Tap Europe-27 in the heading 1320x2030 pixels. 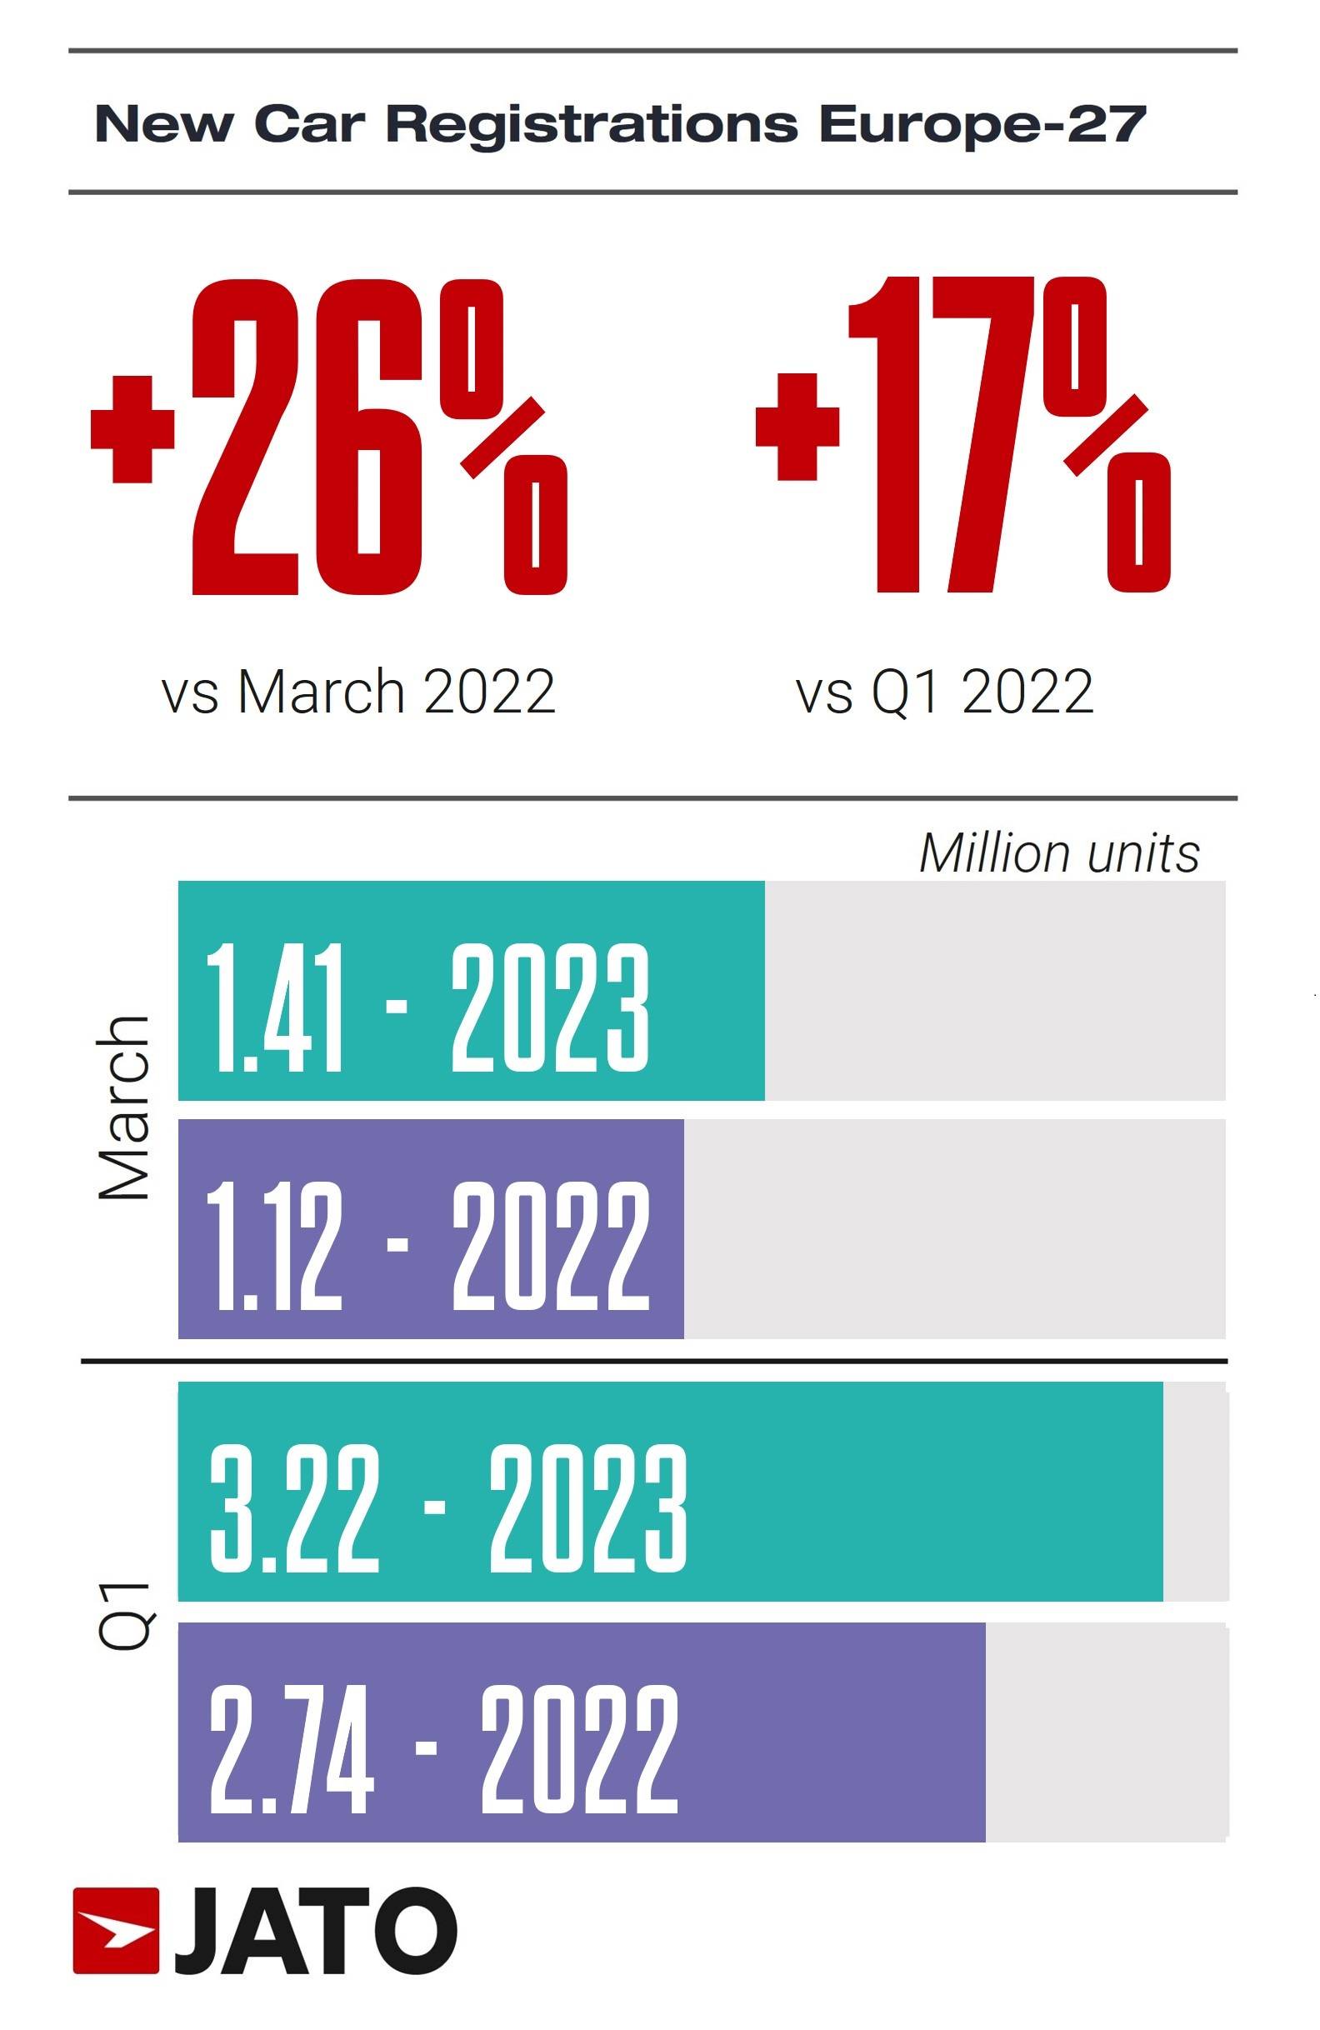pyautogui.click(x=981, y=123)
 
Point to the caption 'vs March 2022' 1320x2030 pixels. pyautogui.click(x=358, y=692)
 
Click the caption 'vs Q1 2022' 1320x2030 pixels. pyautogui.click(x=944, y=692)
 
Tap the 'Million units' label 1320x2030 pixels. pyautogui.click(x=1059, y=852)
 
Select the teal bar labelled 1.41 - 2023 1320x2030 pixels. pyautogui.click(x=471, y=991)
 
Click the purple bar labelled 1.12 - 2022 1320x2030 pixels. pyautogui.click(x=431, y=1229)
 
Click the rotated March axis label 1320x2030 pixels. pyautogui.click(x=124, y=1108)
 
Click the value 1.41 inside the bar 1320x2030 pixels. pyautogui.click(x=274, y=1008)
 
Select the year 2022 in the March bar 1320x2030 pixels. pyautogui.click(x=550, y=1246)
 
